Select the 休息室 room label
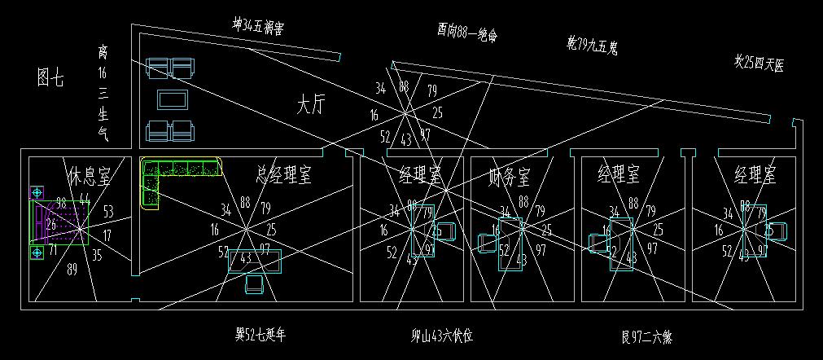click(x=89, y=175)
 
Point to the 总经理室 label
click(x=283, y=173)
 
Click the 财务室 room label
click(x=509, y=174)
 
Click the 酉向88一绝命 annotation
click(x=466, y=33)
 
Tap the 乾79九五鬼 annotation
click(x=592, y=45)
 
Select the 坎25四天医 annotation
click(x=758, y=63)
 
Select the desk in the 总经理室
click(x=255, y=260)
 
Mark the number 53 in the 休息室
click(x=108, y=212)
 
